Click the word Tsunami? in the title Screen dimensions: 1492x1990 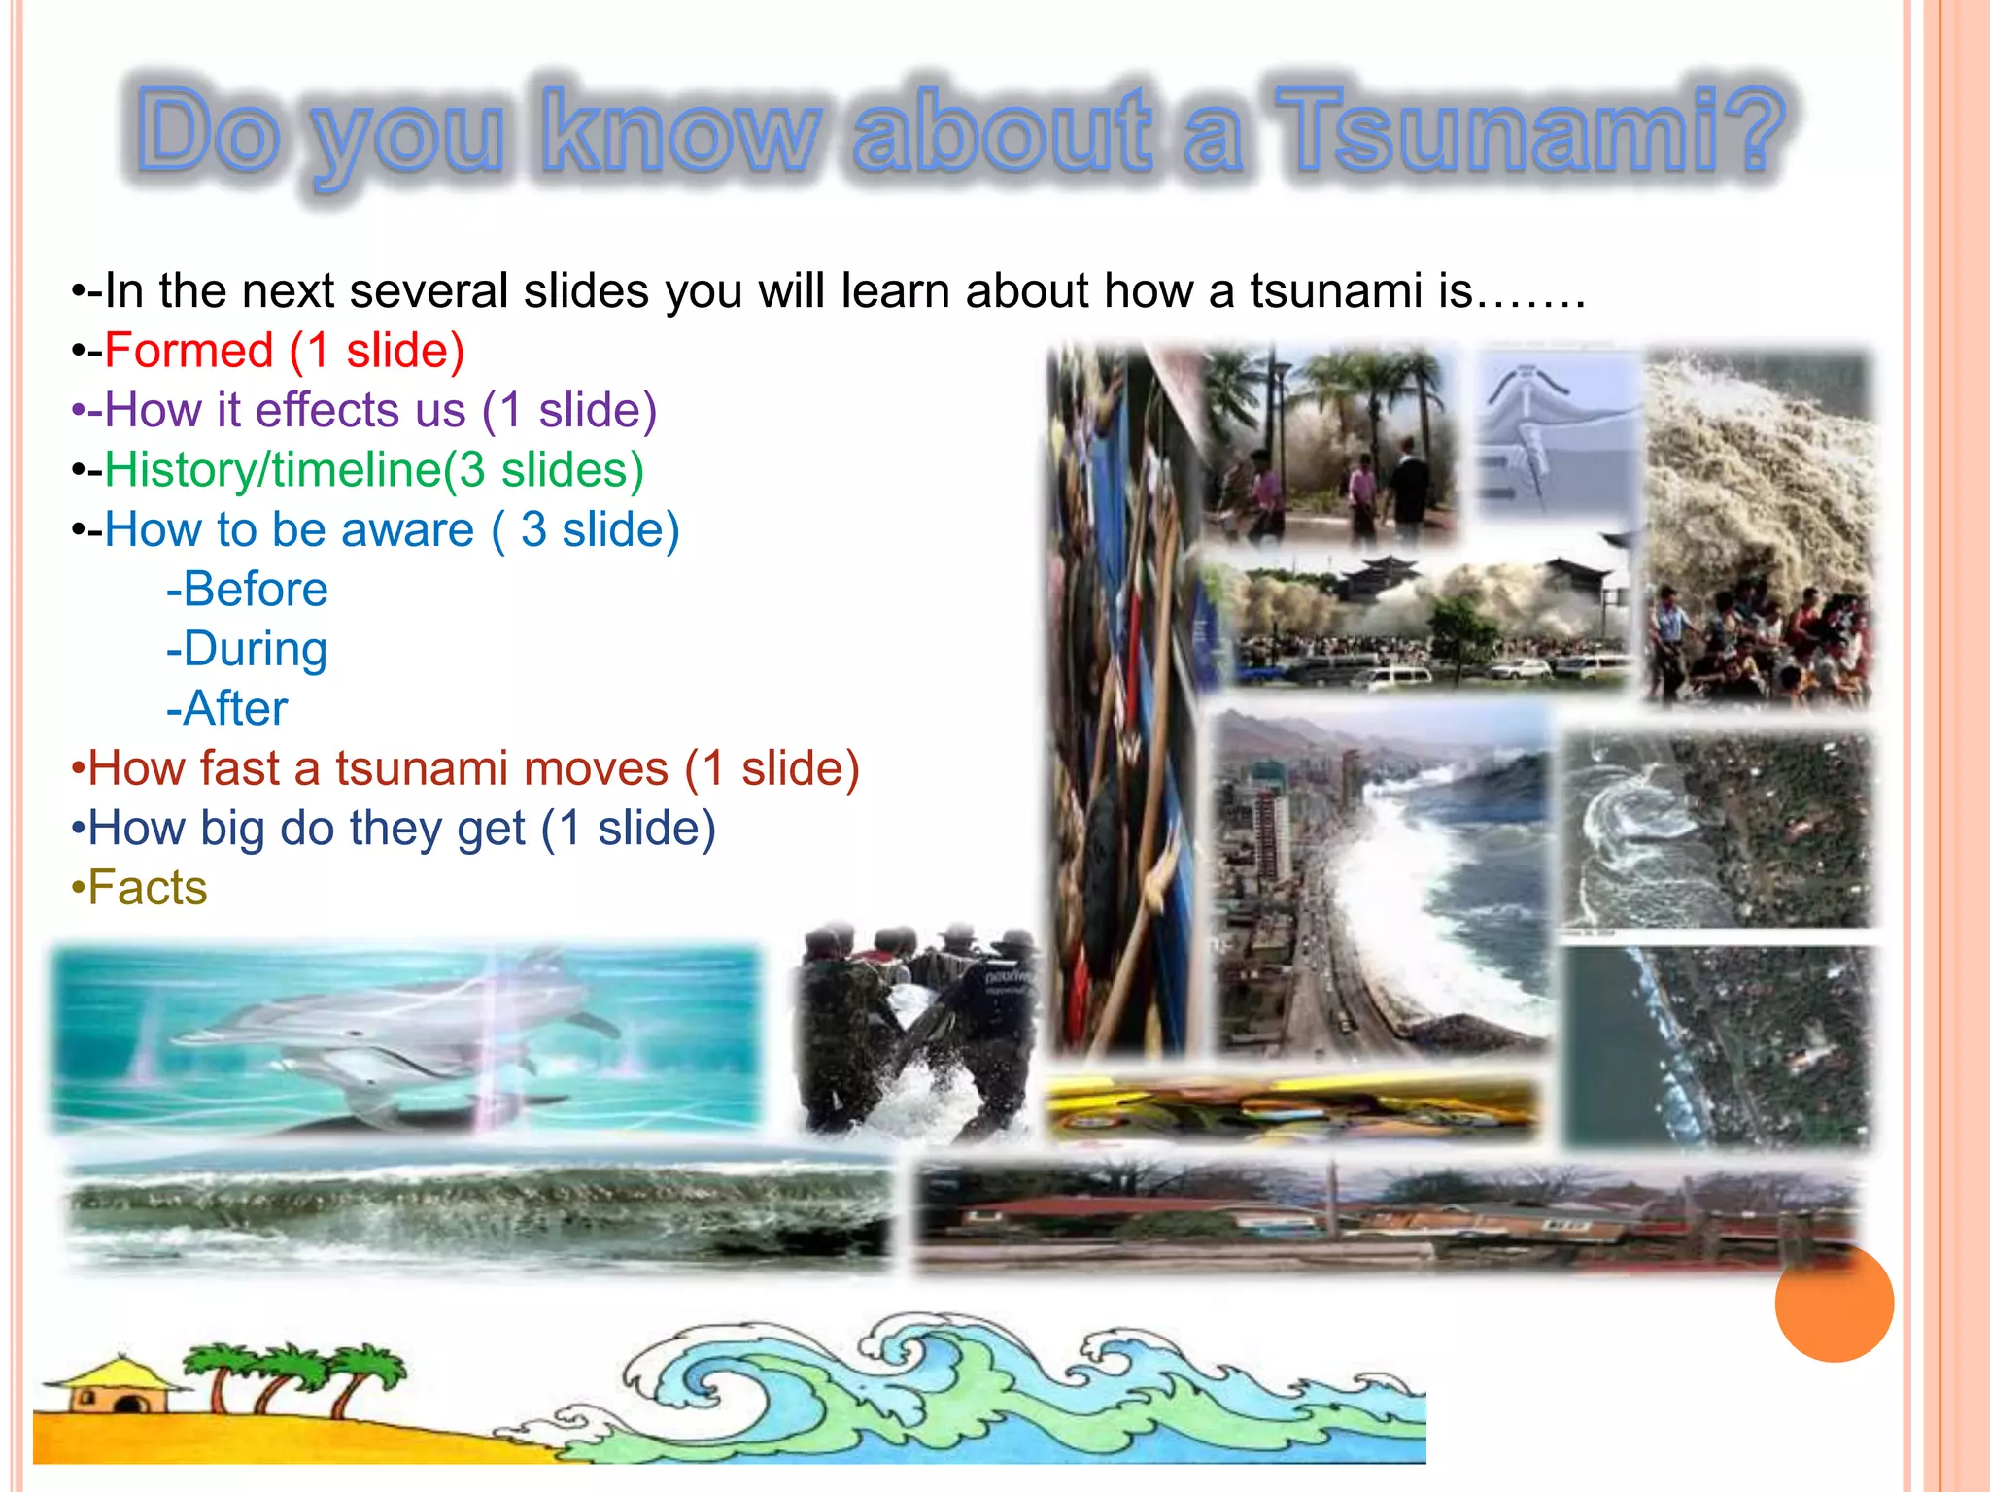tap(1530, 131)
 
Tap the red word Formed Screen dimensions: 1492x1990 tap(189, 351)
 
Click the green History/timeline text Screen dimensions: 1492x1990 tap(272, 470)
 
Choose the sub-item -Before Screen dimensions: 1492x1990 tap(247, 590)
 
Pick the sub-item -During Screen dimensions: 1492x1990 tap(247, 650)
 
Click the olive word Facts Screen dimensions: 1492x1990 tap(147, 888)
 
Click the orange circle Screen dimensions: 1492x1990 tap(1834, 1303)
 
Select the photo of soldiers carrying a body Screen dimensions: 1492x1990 tap(913, 1030)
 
